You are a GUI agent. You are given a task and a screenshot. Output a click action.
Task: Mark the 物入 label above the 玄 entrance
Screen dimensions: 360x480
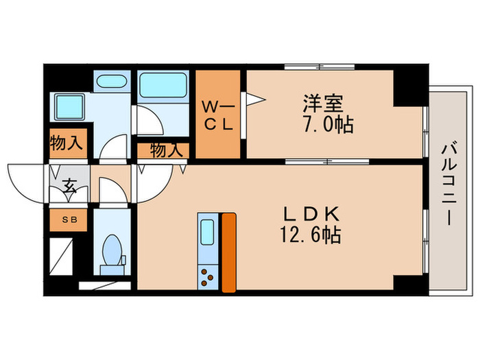[67, 144]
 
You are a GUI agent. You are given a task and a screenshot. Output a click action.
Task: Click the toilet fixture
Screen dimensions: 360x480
[110, 252]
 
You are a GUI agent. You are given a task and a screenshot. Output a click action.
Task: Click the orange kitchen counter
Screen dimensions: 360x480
[228, 252]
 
